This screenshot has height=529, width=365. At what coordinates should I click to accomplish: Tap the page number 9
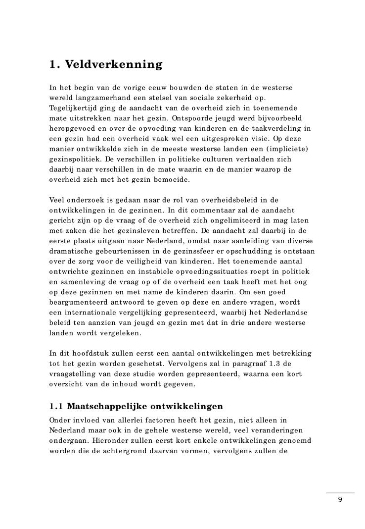(x=340, y=499)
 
